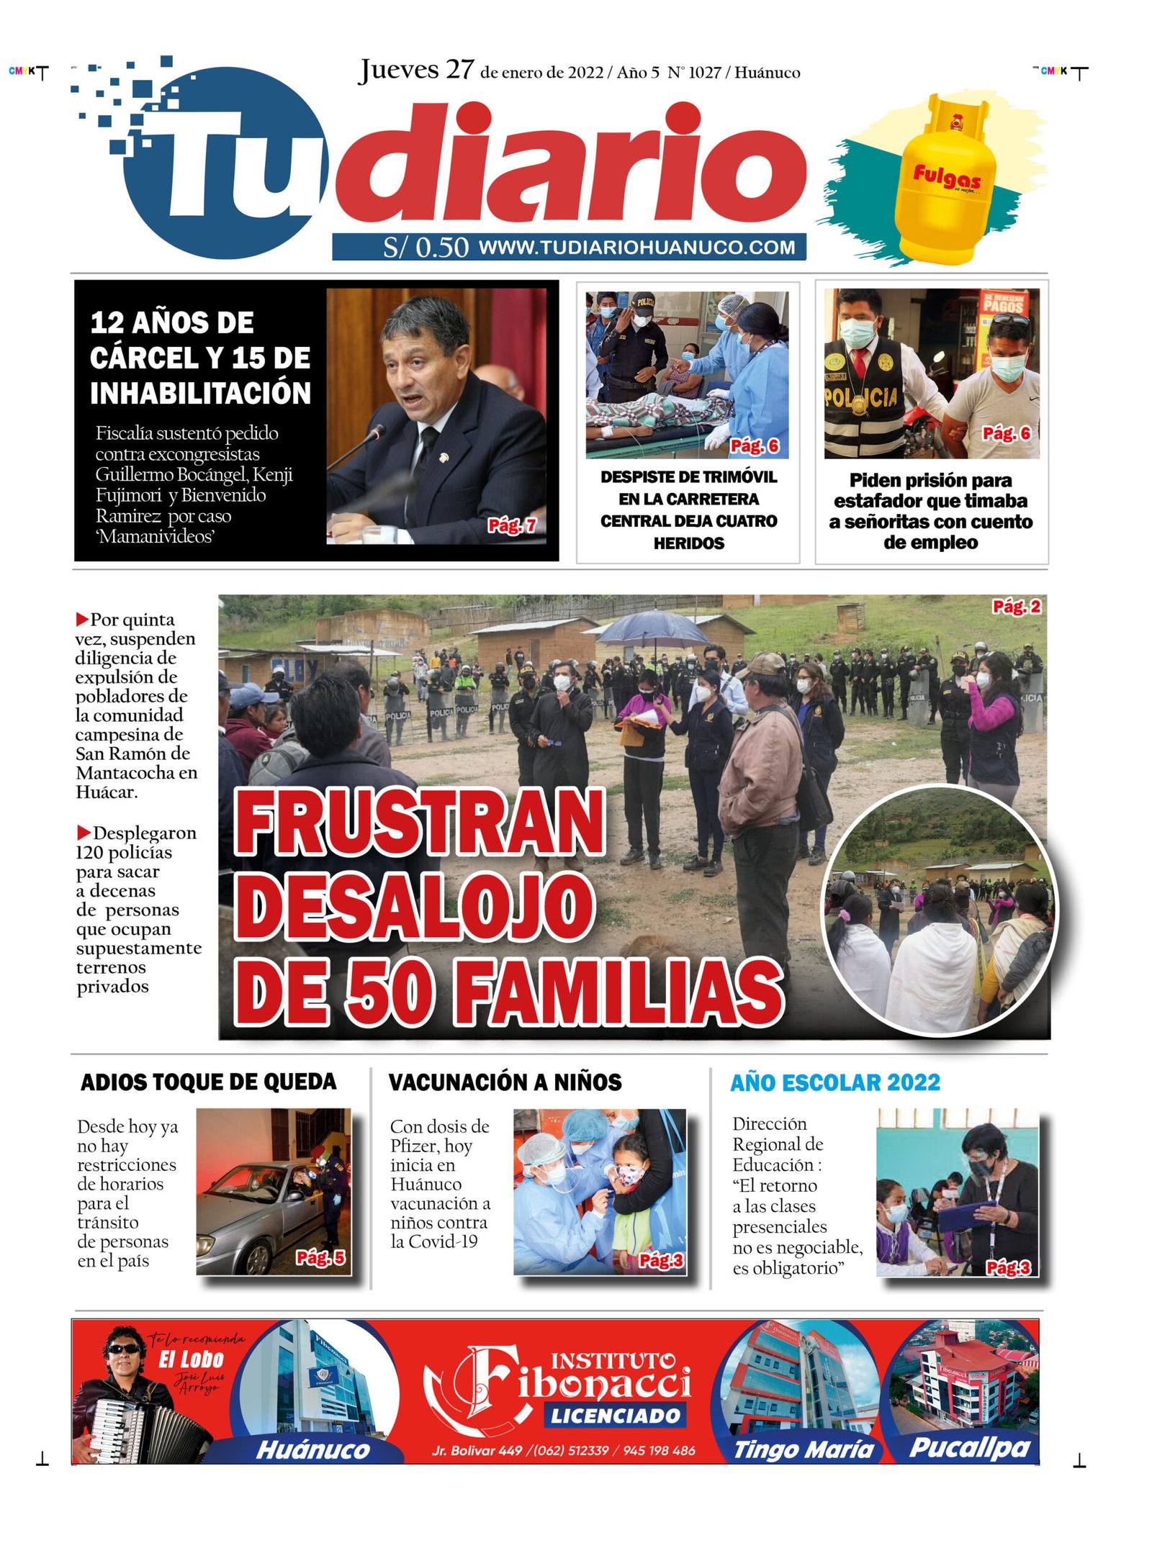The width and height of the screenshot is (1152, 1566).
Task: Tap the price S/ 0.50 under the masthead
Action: point(425,248)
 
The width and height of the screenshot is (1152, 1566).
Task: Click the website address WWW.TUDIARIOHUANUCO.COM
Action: point(636,248)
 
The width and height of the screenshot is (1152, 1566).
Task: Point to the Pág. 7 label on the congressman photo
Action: point(511,525)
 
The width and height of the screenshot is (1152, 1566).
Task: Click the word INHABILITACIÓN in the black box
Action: point(200,393)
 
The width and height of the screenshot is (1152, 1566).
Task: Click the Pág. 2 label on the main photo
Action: point(1016,607)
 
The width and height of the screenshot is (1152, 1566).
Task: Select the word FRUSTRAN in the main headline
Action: point(419,823)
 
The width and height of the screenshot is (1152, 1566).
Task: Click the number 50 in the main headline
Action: point(390,994)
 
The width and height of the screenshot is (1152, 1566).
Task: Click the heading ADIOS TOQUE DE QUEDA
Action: point(208,1082)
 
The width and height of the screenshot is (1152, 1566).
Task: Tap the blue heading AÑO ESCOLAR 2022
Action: point(834,1082)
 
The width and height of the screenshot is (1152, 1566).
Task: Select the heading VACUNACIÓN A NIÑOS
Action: point(505,1082)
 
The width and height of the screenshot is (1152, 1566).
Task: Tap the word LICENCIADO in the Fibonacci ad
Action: point(616,1416)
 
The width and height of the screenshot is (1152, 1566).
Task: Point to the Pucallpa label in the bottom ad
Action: point(969,1447)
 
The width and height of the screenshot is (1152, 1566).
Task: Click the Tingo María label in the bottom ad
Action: point(803,1449)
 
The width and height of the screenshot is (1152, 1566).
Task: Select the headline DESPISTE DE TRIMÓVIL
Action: point(688,477)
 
